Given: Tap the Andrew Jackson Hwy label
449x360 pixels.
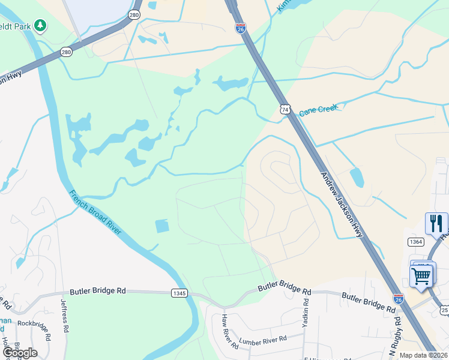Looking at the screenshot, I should (342, 205).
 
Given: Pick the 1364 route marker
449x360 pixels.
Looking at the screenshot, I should (415, 241).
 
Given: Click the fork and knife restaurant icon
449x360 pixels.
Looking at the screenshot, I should (436, 223).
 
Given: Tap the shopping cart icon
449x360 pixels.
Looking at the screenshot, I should (422, 276).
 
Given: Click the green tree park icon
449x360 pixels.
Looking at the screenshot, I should (40, 25).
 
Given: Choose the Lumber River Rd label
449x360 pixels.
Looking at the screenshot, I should (263, 340).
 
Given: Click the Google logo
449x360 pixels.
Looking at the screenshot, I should (20, 352).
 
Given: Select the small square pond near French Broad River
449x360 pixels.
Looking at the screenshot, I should (162, 226).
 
